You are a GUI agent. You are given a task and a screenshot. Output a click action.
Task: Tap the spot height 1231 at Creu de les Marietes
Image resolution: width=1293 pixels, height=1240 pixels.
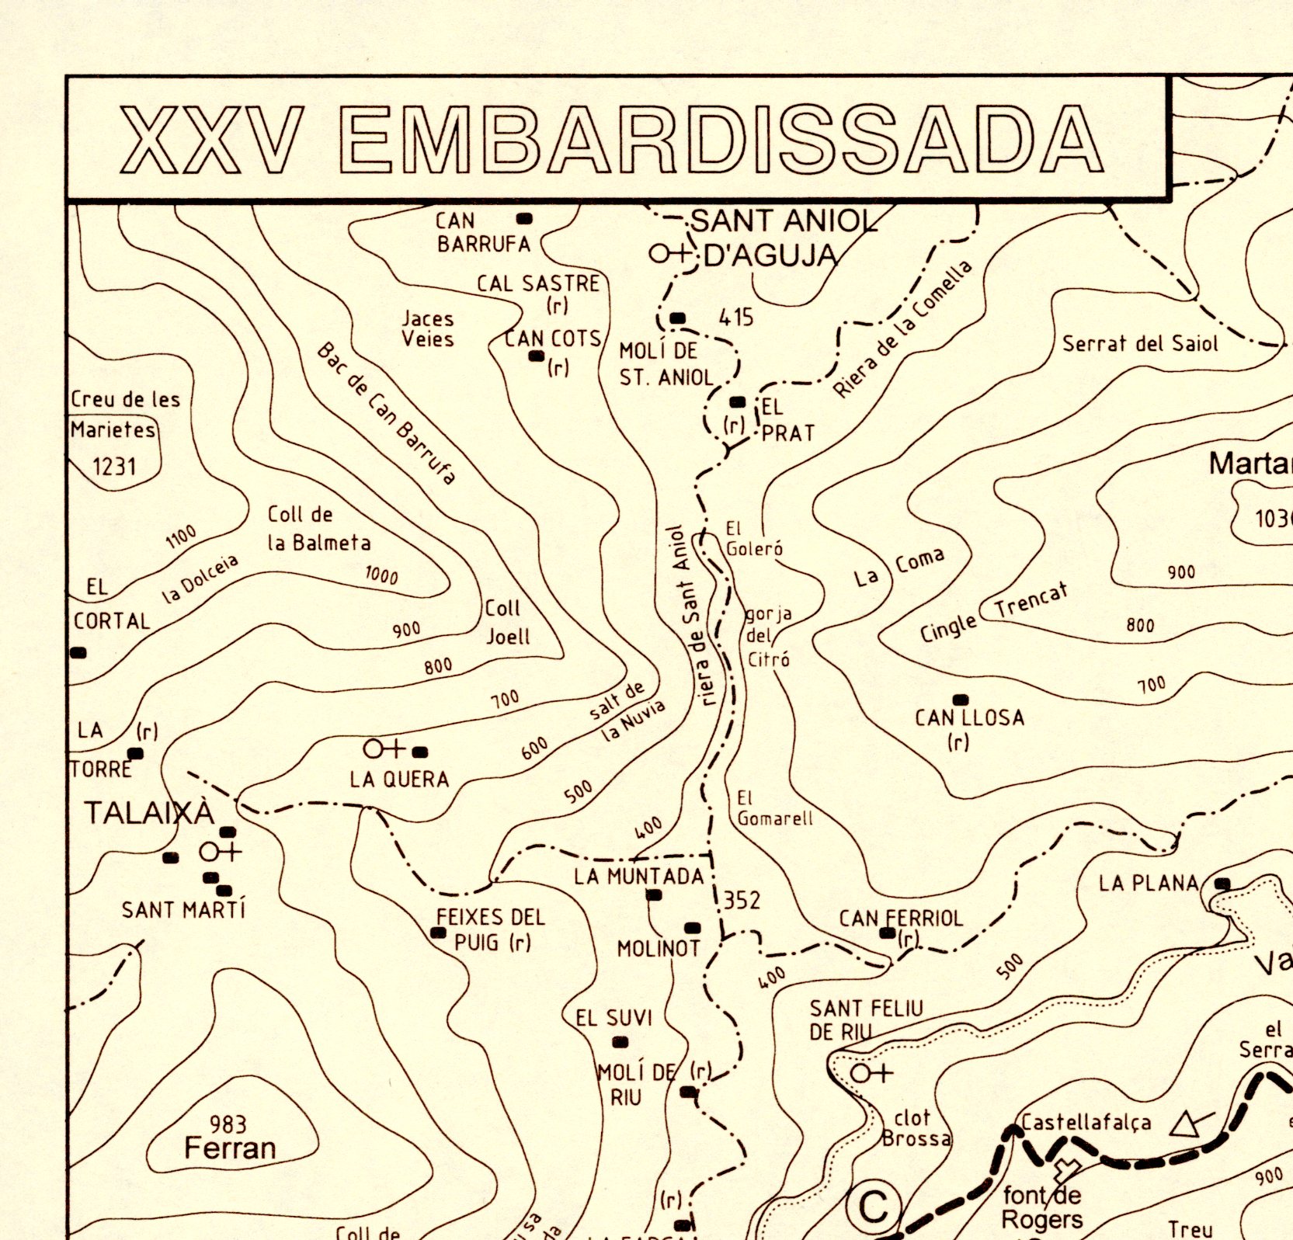pyautogui.click(x=114, y=467)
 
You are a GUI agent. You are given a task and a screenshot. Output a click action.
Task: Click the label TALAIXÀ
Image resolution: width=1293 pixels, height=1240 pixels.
pyautogui.click(x=148, y=813)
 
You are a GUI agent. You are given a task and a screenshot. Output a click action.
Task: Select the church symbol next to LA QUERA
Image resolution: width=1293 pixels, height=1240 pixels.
pyautogui.click(x=384, y=749)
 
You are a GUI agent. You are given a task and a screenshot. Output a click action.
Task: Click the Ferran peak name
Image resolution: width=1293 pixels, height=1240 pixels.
pyautogui.click(x=230, y=1148)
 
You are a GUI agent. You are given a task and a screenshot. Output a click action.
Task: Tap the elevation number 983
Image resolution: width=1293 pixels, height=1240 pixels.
pyautogui.click(x=228, y=1124)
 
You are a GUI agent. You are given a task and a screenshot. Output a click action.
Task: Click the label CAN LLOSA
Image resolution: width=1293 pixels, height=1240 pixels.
pyautogui.click(x=968, y=717)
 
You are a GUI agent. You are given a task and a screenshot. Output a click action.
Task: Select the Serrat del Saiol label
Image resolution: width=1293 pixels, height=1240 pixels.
pyautogui.click(x=1139, y=343)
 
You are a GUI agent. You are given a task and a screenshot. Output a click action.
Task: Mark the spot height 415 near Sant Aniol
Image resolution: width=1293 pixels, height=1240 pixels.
pyautogui.click(x=735, y=317)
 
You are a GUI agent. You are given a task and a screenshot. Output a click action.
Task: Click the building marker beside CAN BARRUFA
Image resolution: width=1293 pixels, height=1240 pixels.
pyautogui.click(x=524, y=219)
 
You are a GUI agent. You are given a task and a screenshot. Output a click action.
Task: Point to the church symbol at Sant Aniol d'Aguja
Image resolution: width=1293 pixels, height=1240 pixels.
pyautogui.click(x=669, y=253)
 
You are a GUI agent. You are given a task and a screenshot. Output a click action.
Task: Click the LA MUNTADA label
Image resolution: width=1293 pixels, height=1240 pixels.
pyautogui.click(x=638, y=877)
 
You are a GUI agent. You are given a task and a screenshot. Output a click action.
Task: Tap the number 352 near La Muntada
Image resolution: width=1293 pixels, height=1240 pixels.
pyautogui.click(x=742, y=901)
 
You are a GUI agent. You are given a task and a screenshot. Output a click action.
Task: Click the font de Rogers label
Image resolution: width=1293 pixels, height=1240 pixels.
pyautogui.click(x=1041, y=1207)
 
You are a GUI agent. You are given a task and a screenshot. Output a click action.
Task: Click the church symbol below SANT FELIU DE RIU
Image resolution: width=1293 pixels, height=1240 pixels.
pyautogui.click(x=871, y=1073)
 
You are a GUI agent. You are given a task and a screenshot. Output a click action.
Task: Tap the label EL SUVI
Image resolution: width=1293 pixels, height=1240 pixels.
pyautogui.click(x=613, y=1018)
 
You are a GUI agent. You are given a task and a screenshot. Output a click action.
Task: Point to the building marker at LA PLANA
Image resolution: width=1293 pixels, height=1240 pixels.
pyautogui.click(x=1222, y=884)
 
